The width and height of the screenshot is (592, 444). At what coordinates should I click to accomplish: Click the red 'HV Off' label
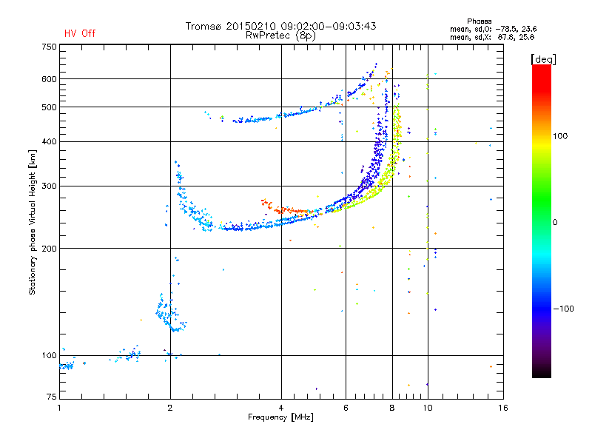coord(80,33)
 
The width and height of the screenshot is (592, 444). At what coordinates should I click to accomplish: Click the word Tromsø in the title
coord(204,26)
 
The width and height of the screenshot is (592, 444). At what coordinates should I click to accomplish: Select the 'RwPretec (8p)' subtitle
coord(280,36)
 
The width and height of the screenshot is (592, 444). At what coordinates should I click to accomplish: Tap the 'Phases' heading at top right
coord(479,21)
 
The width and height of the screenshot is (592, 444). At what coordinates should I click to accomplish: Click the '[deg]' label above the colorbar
coord(543,59)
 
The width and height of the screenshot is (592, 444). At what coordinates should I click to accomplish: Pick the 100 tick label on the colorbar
coord(560,136)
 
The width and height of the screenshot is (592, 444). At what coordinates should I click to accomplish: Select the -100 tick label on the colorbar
coord(563,309)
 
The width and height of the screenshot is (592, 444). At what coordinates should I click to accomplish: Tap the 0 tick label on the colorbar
coord(555,223)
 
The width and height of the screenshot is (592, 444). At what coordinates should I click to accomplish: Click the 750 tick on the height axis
coord(50,47)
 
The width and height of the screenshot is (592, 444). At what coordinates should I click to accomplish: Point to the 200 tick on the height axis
coord(50,249)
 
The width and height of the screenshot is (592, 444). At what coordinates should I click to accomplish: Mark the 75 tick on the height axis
coord(52,397)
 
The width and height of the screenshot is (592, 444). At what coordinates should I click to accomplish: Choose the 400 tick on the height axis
coord(50,141)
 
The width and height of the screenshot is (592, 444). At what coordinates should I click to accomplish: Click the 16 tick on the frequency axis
coord(503,408)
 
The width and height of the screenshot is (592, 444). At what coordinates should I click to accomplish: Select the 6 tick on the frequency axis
coord(346,408)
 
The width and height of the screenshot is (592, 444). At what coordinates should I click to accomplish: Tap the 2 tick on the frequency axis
coord(170,408)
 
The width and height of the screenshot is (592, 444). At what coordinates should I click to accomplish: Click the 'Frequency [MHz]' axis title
coord(280,417)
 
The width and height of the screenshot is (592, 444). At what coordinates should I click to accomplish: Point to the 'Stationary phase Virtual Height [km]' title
coord(32,222)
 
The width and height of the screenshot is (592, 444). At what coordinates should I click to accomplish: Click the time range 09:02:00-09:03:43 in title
coord(329,26)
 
